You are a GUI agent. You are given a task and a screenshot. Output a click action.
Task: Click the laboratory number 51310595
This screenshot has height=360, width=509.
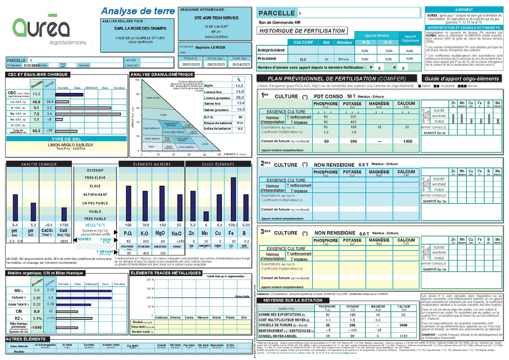pos(31,66)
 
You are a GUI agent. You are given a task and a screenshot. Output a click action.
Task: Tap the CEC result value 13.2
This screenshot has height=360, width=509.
pos(36,94)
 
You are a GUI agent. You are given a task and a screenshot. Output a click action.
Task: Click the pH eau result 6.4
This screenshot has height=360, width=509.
pos(15,225)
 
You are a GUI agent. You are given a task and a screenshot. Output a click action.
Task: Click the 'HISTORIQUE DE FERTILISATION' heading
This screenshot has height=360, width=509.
pos(302,31)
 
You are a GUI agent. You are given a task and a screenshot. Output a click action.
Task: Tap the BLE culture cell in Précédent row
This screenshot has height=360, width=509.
pos(303,59)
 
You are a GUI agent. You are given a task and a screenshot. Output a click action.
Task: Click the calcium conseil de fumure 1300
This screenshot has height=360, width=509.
pos(408,141)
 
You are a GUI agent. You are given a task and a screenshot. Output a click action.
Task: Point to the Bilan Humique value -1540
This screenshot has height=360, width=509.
pos(36,327)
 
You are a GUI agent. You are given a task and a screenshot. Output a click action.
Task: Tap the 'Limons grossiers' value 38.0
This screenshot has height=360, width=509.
pos(239,97)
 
